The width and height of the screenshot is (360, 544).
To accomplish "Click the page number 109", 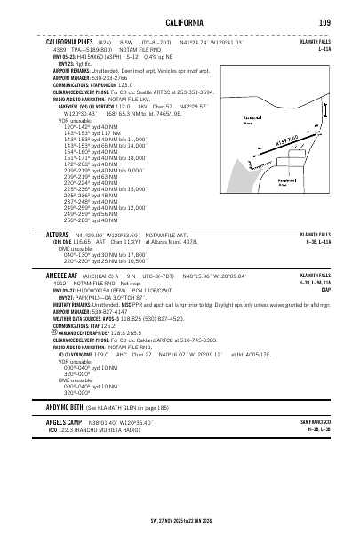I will [326, 21].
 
